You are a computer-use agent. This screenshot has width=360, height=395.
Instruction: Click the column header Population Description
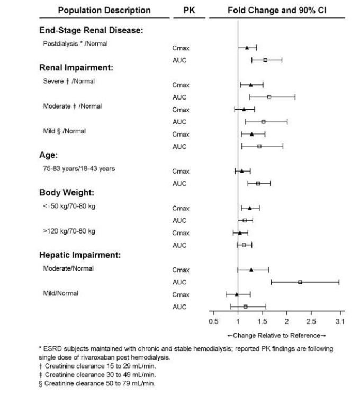pyautogui.click(x=104, y=10)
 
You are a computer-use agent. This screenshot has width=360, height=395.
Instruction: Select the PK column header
pyautogui.click(x=188, y=10)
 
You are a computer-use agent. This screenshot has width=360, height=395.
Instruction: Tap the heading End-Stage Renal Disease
pyautogui.click(x=92, y=31)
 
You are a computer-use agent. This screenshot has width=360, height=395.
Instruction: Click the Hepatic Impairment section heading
pyautogui.click(x=80, y=255)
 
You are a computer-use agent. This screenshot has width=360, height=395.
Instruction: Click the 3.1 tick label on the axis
pyautogui.click(x=340, y=321)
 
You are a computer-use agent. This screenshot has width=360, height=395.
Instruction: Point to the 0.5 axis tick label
pyautogui.click(x=213, y=321)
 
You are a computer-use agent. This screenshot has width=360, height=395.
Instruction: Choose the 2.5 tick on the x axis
pyautogui.click(x=311, y=321)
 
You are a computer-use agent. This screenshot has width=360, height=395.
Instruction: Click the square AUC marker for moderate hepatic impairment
pyautogui.click(x=300, y=282)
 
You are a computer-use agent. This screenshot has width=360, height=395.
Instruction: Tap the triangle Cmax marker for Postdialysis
pyautogui.click(x=247, y=48)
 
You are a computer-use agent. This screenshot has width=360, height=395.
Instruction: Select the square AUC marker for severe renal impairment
pyautogui.click(x=269, y=97)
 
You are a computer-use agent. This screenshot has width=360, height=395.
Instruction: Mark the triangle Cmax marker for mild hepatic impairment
pyautogui.click(x=237, y=294)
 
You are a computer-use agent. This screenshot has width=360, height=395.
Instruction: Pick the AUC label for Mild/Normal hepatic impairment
pyautogui.click(x=179, y=307)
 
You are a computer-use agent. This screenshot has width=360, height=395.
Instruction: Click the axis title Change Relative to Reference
pyautogui.click(x=276, y=335)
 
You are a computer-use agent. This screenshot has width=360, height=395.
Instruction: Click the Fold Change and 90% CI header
pyautogui.click(x=276, y=10)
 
